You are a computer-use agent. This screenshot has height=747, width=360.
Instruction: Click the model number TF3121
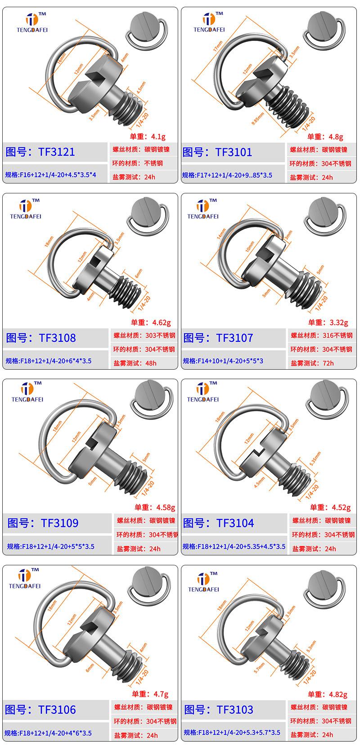click(x=57, y=152)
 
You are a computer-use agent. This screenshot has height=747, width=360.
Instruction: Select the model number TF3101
click(x=234, y=152)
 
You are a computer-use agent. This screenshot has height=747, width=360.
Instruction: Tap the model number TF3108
click(x=57, y=338)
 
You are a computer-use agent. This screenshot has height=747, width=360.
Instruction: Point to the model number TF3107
click(x=234, y=338)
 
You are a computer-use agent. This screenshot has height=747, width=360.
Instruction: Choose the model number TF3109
click(x=59, y=523)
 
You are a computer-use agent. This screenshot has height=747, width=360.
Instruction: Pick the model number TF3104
click(x=235, y=523)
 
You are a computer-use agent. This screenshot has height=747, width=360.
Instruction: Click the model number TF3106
click(x=57, y=710)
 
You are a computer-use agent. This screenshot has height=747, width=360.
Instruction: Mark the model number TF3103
click(x=235, y=710)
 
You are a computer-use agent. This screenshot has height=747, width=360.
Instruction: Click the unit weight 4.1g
click(x=158, y=136)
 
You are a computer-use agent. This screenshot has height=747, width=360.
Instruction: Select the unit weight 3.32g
click(x=338, y=322)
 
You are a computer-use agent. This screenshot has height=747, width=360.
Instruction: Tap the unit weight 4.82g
click(x=338, y=694)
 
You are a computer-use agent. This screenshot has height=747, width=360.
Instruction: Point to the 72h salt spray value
click(x=328, y=363)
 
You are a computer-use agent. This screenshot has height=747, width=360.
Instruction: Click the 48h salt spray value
click(x=151, y=363)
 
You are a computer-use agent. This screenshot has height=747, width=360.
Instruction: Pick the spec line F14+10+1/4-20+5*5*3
click(x=223, y=361)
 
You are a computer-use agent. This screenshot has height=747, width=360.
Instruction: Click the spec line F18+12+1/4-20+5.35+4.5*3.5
click(x=234, y=546)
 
